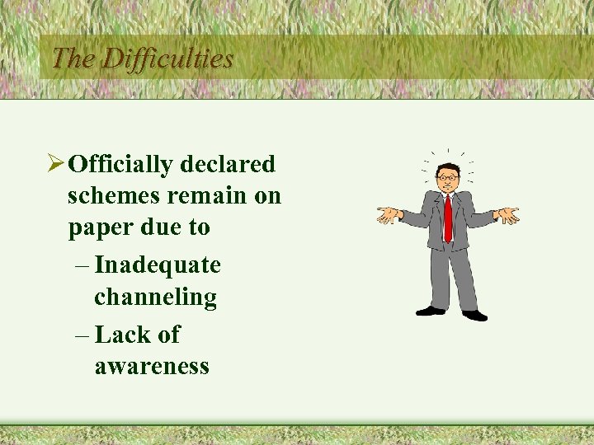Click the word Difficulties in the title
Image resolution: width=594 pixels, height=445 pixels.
(167, 59)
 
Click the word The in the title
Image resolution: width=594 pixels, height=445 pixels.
(73, 59)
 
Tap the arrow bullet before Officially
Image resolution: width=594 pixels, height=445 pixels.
(55, 164)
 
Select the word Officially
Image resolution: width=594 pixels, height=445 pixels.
(120, 165)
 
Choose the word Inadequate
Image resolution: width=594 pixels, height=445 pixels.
(158, 265)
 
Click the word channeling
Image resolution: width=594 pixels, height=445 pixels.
(155, 297)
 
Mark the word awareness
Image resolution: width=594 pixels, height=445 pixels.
(152, 366)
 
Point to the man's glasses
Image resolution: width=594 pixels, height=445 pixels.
(448, 176)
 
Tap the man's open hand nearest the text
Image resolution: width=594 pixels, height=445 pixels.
(387, 215)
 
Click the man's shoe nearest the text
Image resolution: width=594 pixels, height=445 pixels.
(430, 311)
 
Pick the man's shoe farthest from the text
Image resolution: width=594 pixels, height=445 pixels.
(474, 315)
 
